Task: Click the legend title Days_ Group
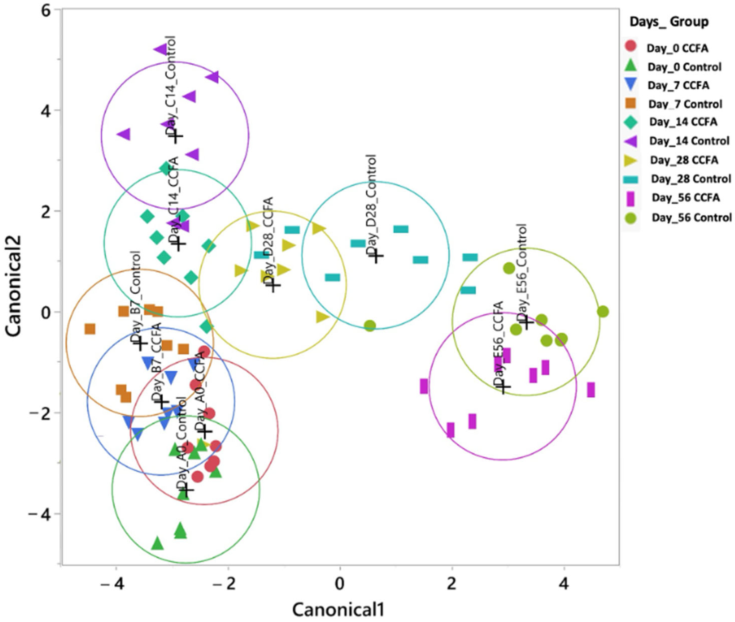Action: (x=669, y=22)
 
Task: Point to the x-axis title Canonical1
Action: (x=338, y=609)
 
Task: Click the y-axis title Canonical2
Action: (x=14, y=286)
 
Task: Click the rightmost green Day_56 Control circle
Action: (x=603, y=312)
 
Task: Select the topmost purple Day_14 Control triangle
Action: (x=161, y=49)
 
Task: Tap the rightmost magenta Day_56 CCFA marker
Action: (x=591, y=390)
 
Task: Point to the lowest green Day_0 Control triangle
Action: (x=158, y=543)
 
